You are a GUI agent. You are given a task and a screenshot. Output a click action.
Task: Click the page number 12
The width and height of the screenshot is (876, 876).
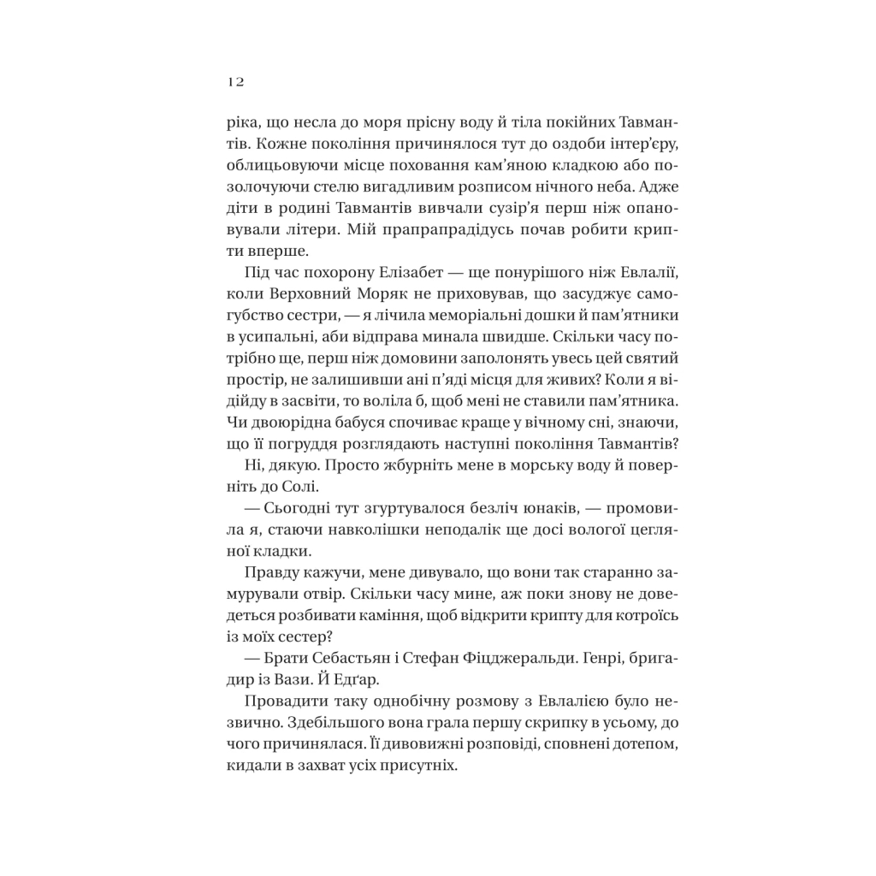[236, 82]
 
